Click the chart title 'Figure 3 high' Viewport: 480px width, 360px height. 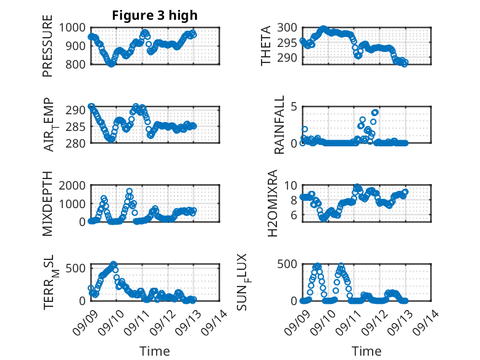point(155,15)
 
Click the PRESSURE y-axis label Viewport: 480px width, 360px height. point(48,51)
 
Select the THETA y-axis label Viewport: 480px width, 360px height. point(266,46)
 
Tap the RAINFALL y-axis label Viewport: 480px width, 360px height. point(279,125)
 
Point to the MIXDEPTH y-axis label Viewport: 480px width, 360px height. point(48,204)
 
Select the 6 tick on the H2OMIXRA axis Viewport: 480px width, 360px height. point(294,215)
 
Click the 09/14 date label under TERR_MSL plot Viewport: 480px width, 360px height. point(213,320)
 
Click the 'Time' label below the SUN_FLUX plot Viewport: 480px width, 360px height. point(366,351)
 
